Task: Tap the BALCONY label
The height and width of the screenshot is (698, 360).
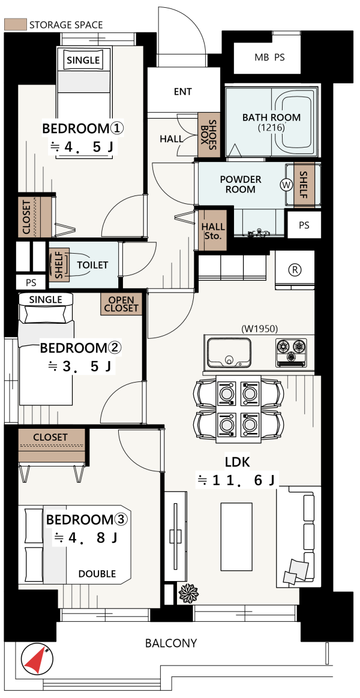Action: (x=171, y=643)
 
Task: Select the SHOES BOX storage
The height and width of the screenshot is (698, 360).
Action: (x=209, y=134)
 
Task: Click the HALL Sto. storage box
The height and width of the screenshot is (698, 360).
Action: (x=213, y=230)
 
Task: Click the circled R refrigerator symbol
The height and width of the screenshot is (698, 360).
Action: (x=294, y=269)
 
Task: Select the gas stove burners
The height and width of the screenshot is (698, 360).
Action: (x=292, y=353)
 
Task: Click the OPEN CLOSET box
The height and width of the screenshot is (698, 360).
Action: (x=122, y=304)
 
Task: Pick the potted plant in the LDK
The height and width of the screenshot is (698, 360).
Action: (x=188, y=593)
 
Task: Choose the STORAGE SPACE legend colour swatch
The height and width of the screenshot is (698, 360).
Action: (x=15, y=25)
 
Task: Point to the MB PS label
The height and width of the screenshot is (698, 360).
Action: (x=269, y=58)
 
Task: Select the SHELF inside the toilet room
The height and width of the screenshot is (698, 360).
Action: (x=59, y=264)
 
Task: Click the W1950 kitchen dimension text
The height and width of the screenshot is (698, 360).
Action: (x=259, y=329)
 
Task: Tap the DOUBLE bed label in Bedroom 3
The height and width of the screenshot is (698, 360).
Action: (x=97, y=574)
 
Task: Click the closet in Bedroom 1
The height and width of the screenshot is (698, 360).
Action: (x=35, y=217)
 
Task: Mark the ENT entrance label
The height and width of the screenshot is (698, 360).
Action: (x=182, y=92)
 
